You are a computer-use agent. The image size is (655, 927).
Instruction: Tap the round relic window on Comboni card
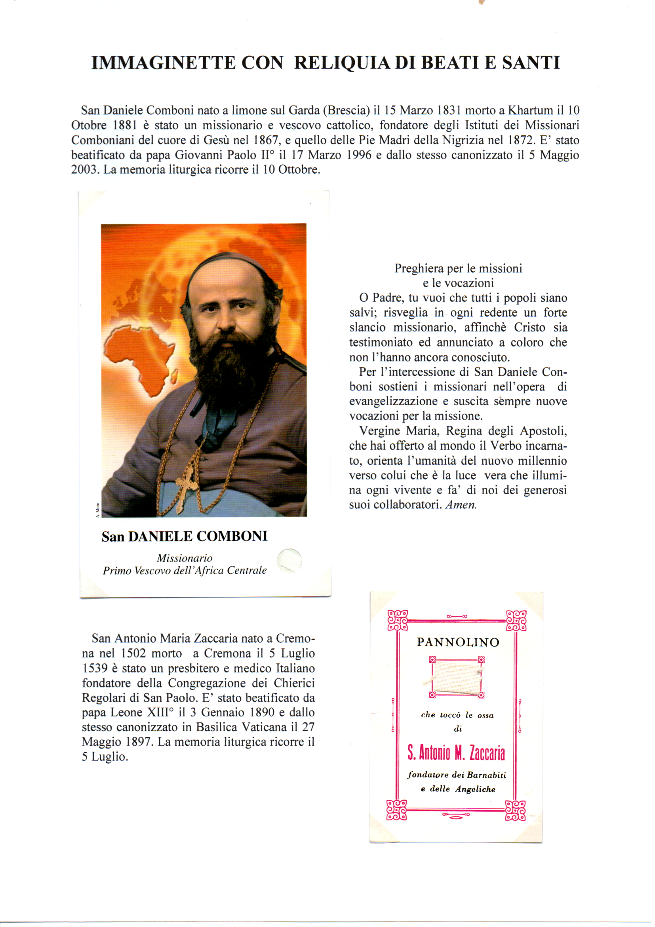(289, 560)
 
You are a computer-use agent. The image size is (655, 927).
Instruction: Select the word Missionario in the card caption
(184, 558)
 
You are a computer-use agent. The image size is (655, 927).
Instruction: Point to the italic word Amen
(461, 505)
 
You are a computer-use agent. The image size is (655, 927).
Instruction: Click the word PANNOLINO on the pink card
(458, 642)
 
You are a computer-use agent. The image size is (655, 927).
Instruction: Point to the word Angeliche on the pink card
(475, 789)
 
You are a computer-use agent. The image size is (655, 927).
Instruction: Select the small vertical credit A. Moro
(97, 509)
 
